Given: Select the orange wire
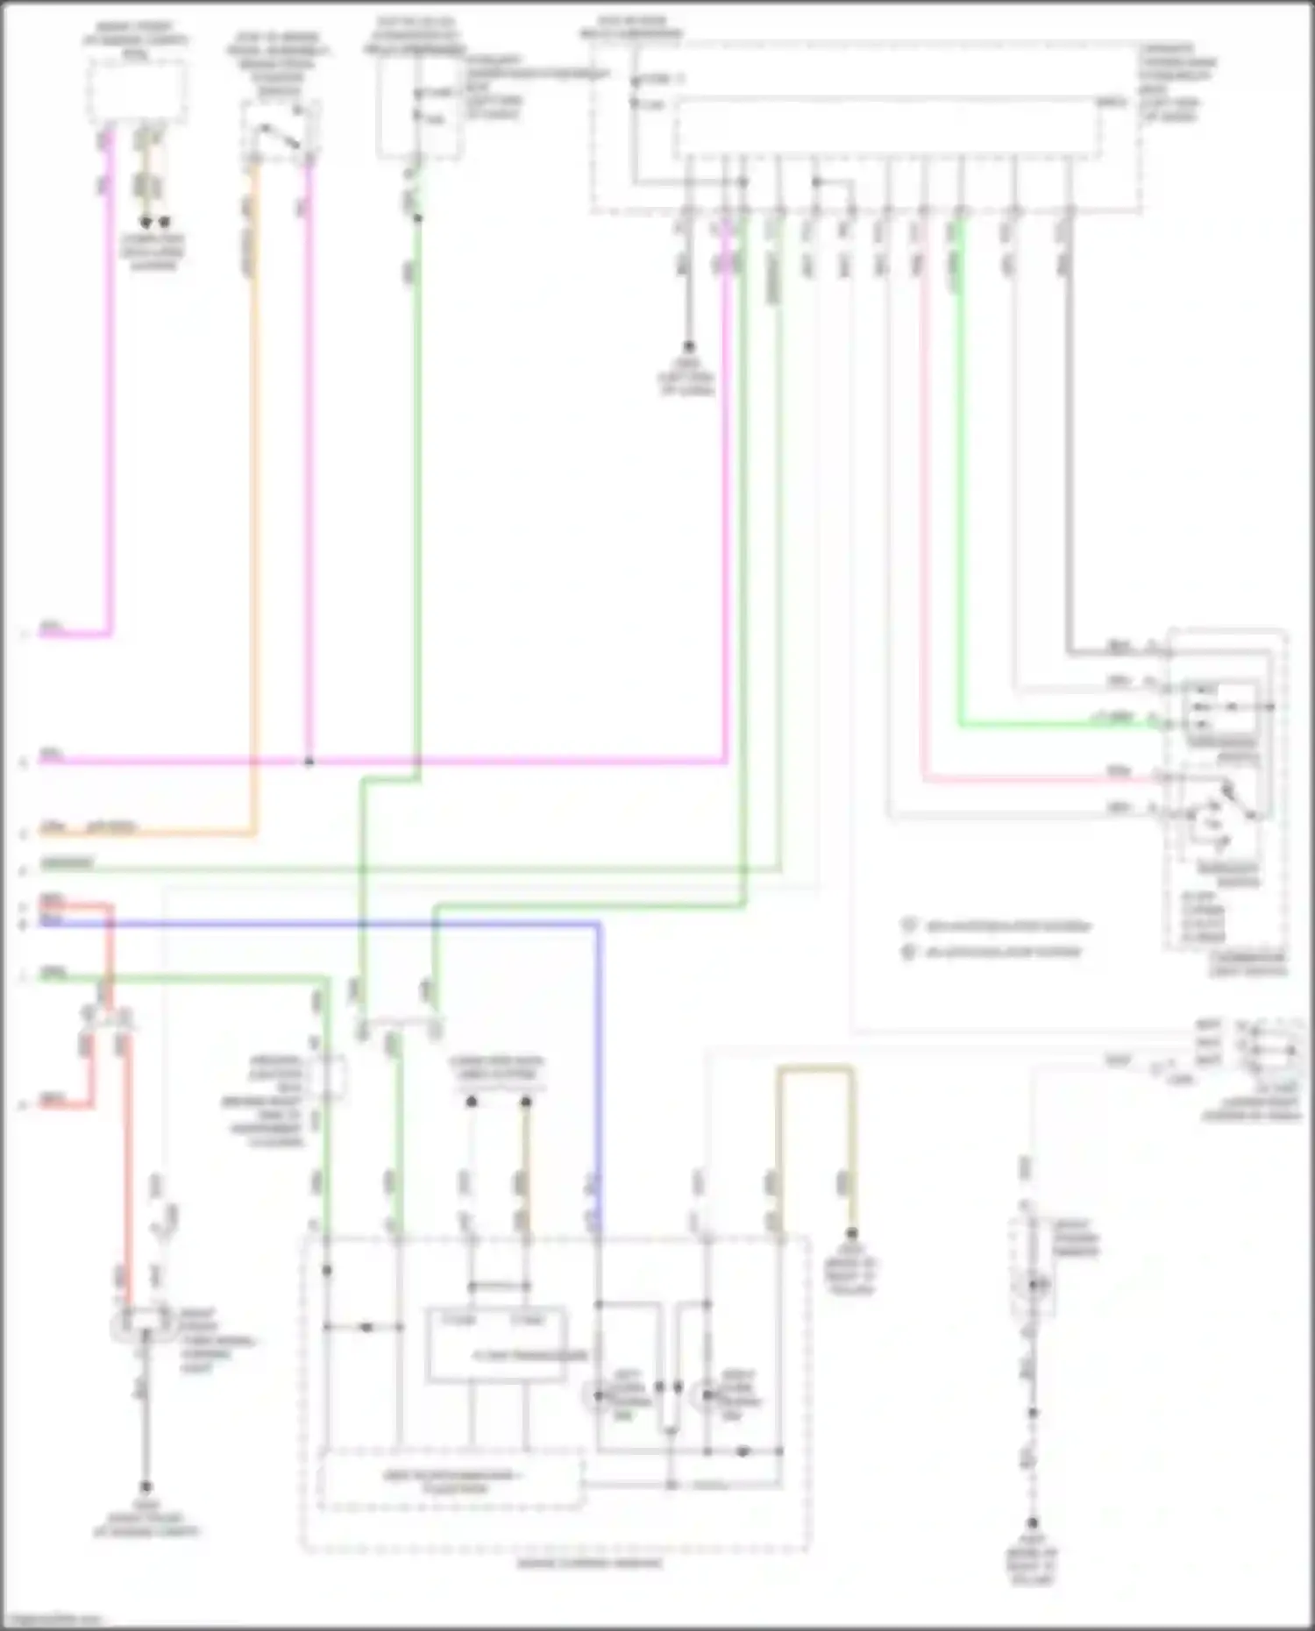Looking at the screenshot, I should (x=255, y=526).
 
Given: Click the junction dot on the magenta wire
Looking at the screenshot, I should (x=309, y=762).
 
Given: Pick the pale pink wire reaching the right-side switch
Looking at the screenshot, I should (x=923, y=526).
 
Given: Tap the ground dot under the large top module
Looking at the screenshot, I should (x=688, y=346).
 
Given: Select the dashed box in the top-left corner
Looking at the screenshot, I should (x=136, y=90).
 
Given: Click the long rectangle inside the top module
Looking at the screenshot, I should (x=885, y=128).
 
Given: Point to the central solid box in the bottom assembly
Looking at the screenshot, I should (x=496, y=1346).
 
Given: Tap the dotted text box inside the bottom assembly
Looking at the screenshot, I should (x=451, y=1480).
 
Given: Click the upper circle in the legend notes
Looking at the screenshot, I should (x=909, y=925).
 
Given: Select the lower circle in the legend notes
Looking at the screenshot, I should (x=909, y=952).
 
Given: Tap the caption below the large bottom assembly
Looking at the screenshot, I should (x=589, y=1564).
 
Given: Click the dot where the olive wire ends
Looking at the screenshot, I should (x=851, y=1234).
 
